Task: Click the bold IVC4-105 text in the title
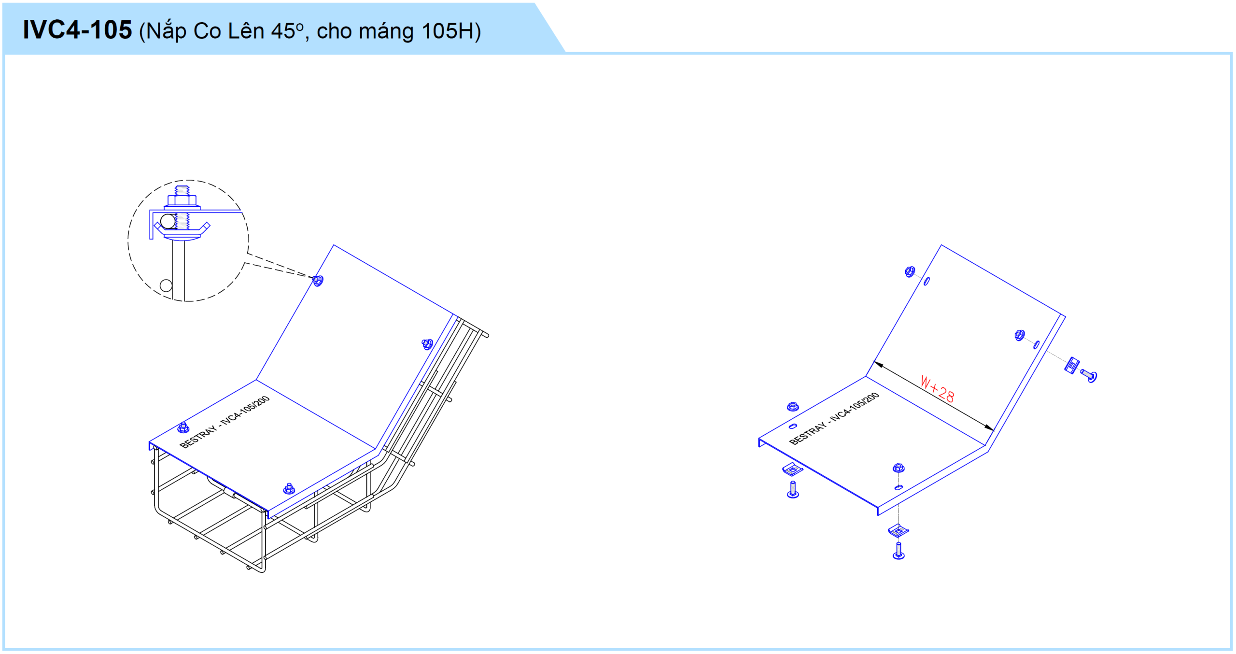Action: click(x=77, y=30)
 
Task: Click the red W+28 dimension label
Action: click(x=937, y=389)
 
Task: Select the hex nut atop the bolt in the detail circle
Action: click(x=182, y=200)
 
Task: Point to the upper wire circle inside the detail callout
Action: click(x=168, y=221)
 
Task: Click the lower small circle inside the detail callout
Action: click(x=166, y=285)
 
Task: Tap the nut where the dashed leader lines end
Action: click(x=318, y=280)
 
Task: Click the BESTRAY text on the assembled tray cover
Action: click(x=198, y=437)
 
